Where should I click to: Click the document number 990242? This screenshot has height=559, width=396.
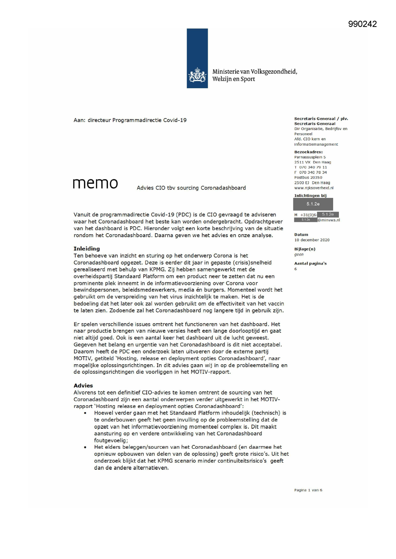point(362,24)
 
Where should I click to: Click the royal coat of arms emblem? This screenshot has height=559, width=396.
point(197,75)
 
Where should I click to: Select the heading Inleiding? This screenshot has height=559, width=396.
point(86,249)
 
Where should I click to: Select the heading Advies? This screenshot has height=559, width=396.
point(83,386)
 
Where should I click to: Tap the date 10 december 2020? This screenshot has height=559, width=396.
point(312,240)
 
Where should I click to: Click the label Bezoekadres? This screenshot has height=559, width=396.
point(308,152)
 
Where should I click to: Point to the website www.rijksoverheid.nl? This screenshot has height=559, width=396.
point(314,188)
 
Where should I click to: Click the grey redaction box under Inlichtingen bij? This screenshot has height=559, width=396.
point(313,204)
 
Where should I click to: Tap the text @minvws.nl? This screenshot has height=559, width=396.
point(329,220)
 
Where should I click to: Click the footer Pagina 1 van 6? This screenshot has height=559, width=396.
point(308,490)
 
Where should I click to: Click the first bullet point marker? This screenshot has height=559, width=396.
point(85,413)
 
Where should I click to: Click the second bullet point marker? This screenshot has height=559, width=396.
point(85,447)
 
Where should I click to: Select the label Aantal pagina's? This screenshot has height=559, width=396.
point(310,264)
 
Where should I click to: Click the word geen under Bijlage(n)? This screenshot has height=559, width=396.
point(299,255)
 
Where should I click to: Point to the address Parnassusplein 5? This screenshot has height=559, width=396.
point(310,157)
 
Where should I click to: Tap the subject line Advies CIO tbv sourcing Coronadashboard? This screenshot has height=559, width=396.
point(191,188)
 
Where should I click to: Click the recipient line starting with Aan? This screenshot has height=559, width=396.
point(130,120)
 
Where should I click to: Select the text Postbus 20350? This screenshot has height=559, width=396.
point(308,178)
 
